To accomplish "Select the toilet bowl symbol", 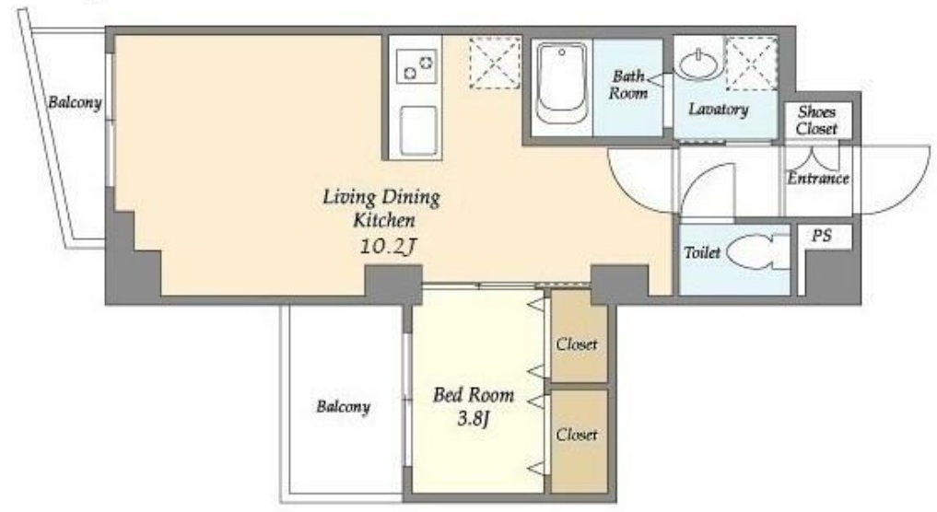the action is [751, 252].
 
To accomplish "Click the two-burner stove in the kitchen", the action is [417, 66].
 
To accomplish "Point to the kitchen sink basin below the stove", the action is [417, 131].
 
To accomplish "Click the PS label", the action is [822, 236].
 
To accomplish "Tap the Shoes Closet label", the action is [816, 120].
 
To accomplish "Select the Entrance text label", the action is [817, 178].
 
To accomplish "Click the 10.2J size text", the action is [387, 246].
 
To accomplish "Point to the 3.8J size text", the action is [474, 419].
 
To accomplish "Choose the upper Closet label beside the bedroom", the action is [577, 344].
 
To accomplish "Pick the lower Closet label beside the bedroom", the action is [577, 435].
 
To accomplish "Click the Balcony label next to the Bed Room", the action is [343, 407].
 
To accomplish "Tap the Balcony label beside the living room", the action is [75, 102].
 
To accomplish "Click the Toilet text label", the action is [702, 252].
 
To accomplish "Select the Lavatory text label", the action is [719, 110].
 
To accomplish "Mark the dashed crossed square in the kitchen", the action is [495, 63].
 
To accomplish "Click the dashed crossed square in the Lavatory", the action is [751, 64].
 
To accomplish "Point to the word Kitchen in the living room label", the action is [383, 220].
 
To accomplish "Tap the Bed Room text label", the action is [474, 395].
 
